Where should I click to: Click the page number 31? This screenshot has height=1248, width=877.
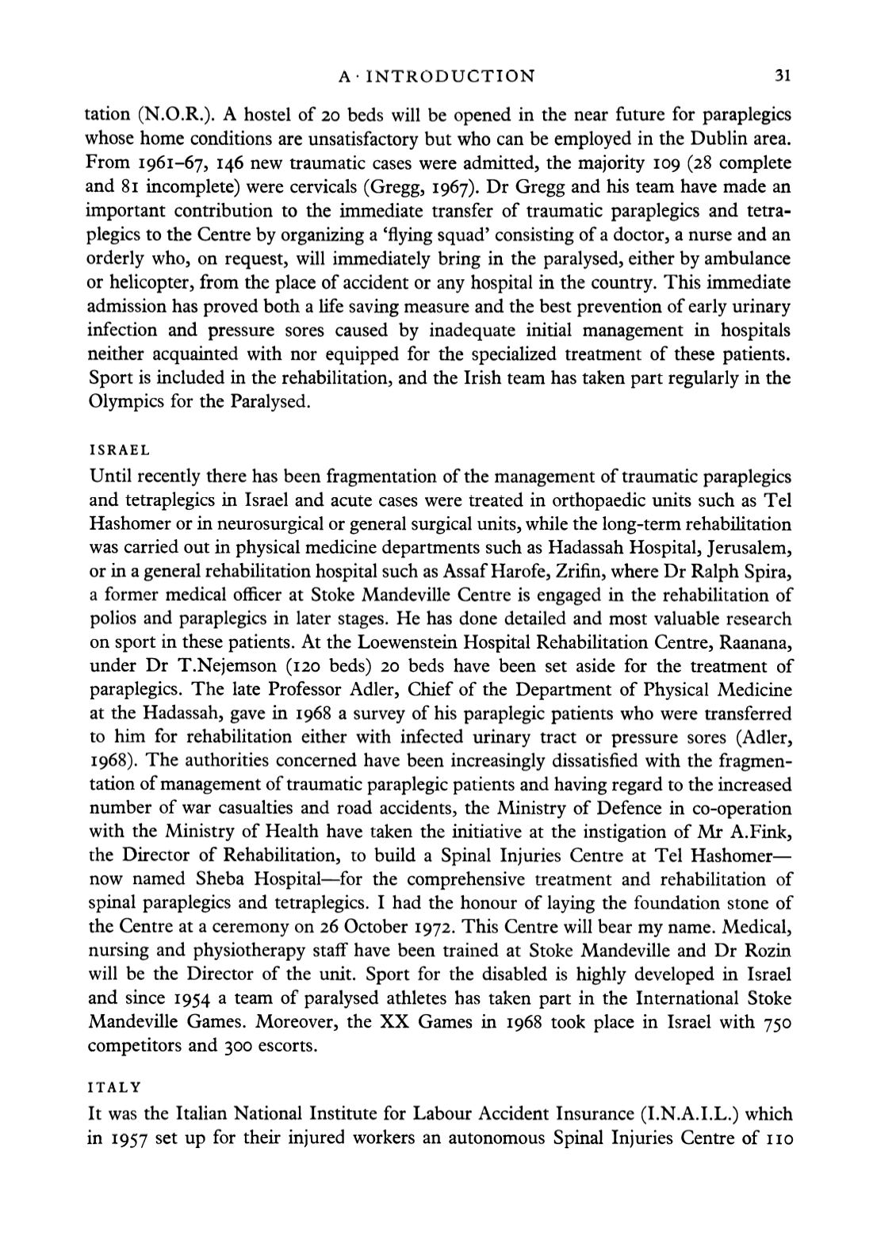pos(783,77)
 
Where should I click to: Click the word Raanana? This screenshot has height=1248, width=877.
pos(753,642)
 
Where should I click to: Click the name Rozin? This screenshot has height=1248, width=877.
pos(768,951)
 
